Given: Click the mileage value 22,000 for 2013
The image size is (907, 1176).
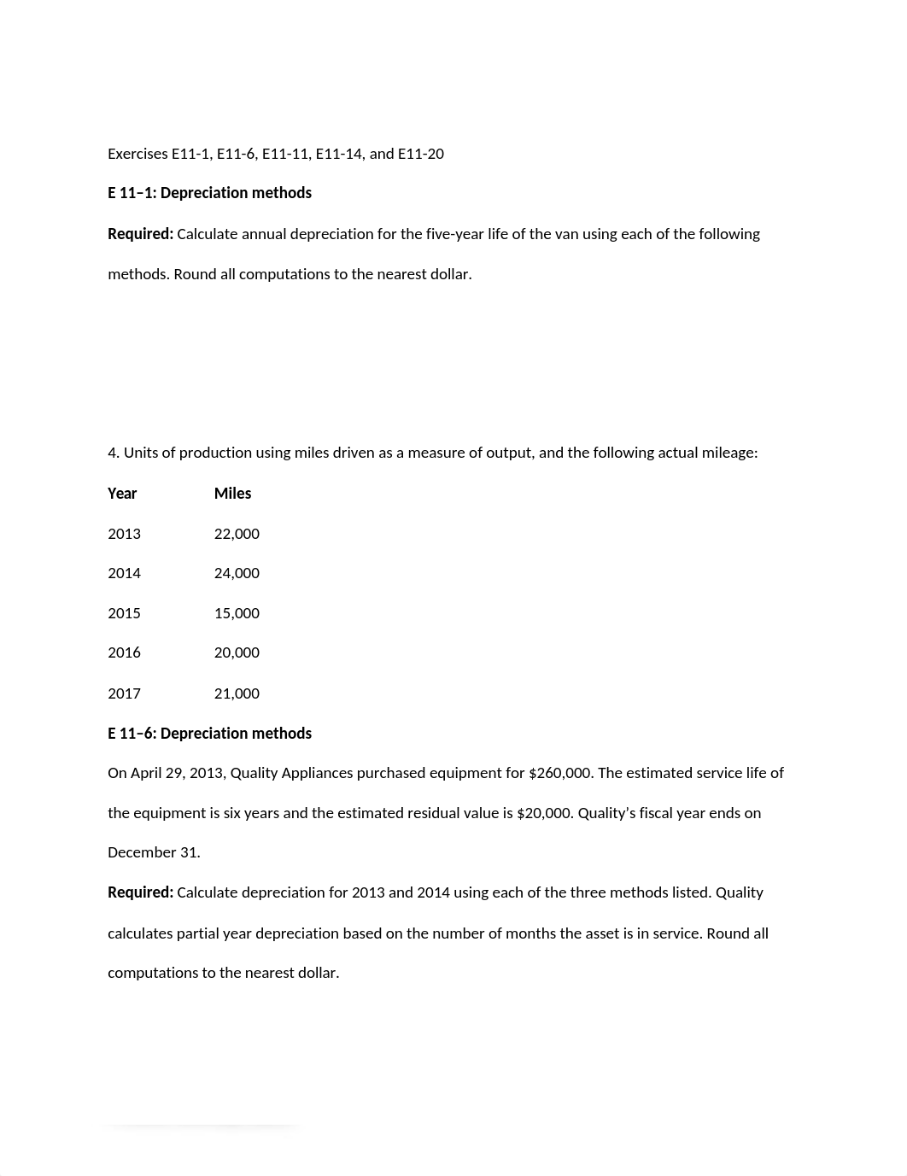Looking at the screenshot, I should click(237, 534).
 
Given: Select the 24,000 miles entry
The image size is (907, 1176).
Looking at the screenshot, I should click(237, 573).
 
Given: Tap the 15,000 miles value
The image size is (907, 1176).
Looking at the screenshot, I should click(237, 613).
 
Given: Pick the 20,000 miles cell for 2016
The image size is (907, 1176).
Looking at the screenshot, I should click(237, 652).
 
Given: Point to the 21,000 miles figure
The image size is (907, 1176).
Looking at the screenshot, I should click(237, 693).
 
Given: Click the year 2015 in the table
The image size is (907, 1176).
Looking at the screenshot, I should click(124, 613).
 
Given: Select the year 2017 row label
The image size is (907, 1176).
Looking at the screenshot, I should click(124, 693).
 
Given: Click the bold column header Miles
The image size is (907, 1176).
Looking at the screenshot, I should click(232, 494).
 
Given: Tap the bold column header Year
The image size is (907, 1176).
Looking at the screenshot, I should click(122, 494).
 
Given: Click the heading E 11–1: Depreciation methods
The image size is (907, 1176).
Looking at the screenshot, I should click(209, 193).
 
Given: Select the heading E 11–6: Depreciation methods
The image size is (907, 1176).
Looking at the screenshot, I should click(209, 734).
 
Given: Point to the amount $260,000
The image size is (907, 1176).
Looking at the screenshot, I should click(559, 773).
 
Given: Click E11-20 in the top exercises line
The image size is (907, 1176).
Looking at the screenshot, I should click(421, 154).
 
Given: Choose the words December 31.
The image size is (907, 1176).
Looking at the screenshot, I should click(154, 852).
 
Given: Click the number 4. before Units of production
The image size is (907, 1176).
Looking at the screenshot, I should click(113, 453).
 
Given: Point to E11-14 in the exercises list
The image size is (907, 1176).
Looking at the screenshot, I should click(340, 154).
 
